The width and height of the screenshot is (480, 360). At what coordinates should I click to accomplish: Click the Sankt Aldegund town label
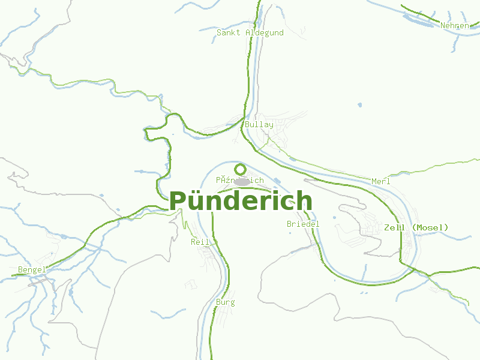[x=250, y=33]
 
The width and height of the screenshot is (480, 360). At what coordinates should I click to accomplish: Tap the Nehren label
[x=454, y=26]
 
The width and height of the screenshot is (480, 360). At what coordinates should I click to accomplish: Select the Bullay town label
[x=259, y=125]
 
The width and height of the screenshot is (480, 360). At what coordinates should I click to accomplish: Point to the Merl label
[x=380, y=181]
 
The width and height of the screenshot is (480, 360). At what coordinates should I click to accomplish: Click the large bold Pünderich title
[x=241, y=201]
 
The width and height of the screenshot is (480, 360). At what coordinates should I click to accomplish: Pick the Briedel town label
[x=303, y=224]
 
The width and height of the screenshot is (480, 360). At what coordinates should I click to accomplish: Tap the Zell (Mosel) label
[x=416, y=227]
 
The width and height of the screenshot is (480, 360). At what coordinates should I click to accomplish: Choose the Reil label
[x=200, y=242]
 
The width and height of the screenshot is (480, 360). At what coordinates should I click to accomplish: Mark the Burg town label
[x=225, y=302]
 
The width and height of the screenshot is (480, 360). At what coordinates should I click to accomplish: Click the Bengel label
[x=32, y=270]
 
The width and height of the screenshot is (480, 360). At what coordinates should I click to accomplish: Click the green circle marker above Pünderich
[x=240, y=169]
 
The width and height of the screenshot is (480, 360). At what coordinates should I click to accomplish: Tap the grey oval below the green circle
[x=242, y=181]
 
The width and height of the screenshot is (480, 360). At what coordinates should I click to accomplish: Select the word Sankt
[x=229, y=33]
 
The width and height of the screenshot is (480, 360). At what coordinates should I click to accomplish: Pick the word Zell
[x=393, y=227]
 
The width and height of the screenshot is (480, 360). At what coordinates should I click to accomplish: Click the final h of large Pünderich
[x=304, y=201]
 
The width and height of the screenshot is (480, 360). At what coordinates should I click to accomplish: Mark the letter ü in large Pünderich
[x=196, y=201]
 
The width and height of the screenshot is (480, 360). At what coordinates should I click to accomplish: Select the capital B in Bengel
[x=20, y=270]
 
